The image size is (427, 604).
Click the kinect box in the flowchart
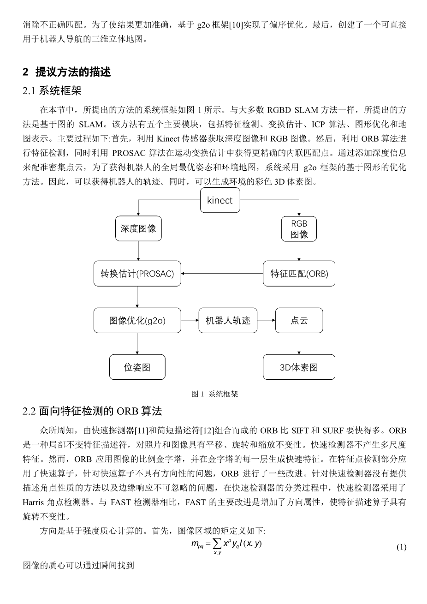(220, 200)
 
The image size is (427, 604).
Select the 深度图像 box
(138, 228)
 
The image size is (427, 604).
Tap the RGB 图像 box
(299, 229)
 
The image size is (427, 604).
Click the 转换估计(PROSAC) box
(137, 274)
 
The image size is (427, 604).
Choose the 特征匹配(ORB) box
(299, 274)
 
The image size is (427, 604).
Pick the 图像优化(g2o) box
(137, 321)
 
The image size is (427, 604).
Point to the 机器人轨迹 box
(228, 321)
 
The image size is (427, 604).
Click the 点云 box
(299, 321)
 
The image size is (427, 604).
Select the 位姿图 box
(137, 367)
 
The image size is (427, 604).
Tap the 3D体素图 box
(299, 367)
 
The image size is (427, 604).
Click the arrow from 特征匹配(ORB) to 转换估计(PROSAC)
(222, 274)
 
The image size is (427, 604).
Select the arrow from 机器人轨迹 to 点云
(266, 321)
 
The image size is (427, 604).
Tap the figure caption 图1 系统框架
(215, 394)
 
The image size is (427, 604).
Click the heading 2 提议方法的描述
(67, 72)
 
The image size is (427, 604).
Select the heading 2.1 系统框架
(52, 91)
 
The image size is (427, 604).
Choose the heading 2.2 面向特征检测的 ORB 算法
(92, 411)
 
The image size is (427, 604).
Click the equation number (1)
(401, 547)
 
